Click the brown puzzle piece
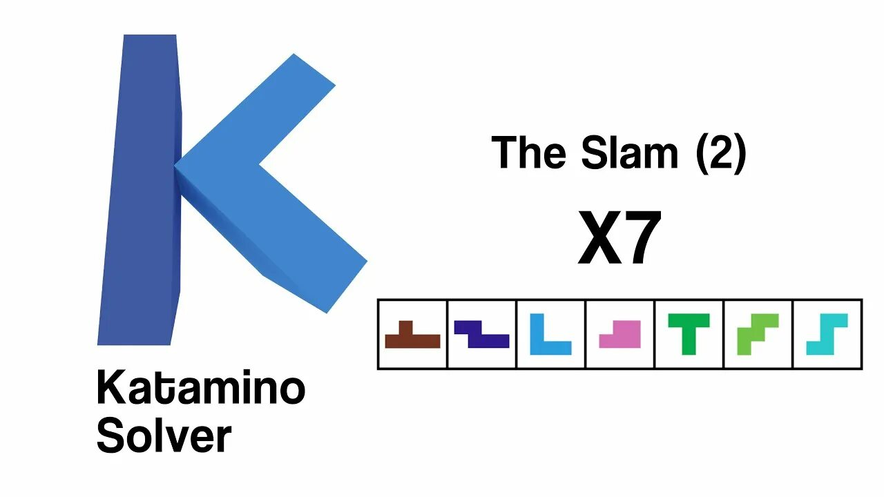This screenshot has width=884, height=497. (x=412, y=340)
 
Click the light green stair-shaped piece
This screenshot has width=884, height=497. (x=757, y=335)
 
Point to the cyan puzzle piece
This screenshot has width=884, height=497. (x=827, y=335)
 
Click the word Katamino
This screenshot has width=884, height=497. (x=200, y=388)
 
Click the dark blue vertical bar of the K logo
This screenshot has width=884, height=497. (x=142, y=193)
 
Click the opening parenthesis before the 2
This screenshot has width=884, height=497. (x=700, y=153)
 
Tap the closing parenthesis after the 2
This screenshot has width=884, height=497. (x=738, y=153)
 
